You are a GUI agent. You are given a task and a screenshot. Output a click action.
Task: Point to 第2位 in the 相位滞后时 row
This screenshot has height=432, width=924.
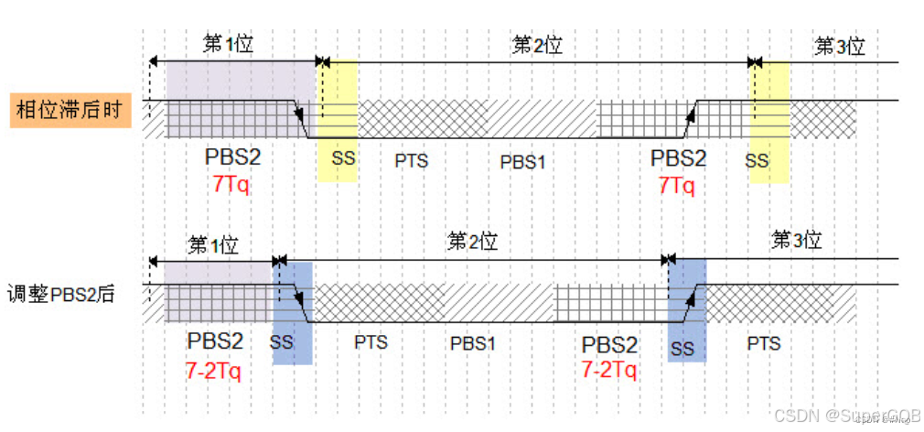point(537,45)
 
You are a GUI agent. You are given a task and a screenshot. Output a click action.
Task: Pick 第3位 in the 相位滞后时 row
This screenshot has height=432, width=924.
point(840,46)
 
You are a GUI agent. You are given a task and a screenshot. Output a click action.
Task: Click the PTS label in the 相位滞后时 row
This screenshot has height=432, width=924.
point(412,161)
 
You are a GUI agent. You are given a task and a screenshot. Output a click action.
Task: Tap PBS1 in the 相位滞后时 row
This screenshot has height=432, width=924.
point(522,162)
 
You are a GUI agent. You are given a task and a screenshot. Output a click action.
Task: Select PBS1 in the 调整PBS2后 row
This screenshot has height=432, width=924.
point(473,344)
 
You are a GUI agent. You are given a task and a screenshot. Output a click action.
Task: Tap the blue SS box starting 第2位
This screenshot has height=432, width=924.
point(293,311)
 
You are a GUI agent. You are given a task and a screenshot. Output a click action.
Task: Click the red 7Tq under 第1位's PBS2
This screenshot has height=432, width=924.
point(231,183)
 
